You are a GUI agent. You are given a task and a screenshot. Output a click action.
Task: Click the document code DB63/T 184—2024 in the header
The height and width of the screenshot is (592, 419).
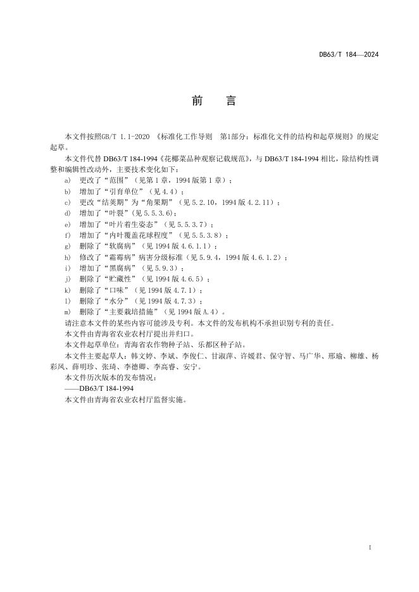[349, 55]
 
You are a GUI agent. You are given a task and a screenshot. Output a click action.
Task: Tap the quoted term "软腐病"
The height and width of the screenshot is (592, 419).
[123, 246]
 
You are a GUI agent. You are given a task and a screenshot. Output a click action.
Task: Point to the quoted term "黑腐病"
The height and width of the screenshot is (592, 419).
[123, 268]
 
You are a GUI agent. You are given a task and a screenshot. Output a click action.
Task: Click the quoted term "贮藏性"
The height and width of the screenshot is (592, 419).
[123, 279]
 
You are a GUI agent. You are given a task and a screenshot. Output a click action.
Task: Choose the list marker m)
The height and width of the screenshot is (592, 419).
[68, 312]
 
